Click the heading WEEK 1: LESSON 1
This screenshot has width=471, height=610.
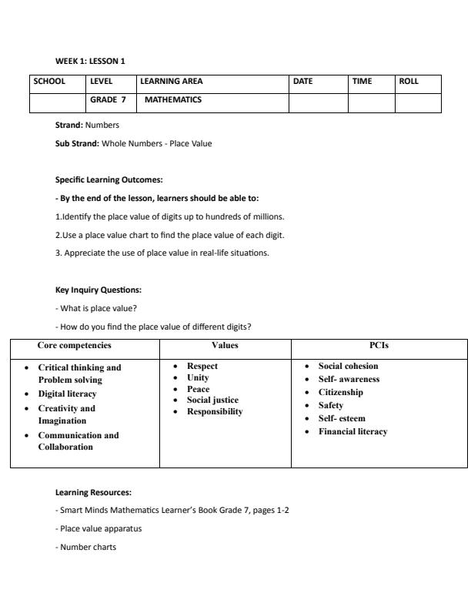tap(89, 62)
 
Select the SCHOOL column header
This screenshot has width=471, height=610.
tap(48, 81)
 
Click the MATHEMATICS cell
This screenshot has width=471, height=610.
tap(172, 99)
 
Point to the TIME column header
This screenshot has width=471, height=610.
tap(361, 81)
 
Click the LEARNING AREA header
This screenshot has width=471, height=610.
tap(171, 81)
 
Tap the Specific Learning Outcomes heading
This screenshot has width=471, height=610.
tap(109, 179)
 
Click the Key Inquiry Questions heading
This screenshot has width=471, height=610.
tap(99, 290)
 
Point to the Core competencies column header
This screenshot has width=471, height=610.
tap(74, 346)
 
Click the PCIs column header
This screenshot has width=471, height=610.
tap(379, 346)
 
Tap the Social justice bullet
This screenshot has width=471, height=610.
tap(212, 400)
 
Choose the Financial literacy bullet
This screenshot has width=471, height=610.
tap(352, 431)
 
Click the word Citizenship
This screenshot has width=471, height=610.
tap(340, 392)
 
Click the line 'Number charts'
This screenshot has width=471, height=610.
tap(87, 548)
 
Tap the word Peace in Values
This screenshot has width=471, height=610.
tap(198, 389)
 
